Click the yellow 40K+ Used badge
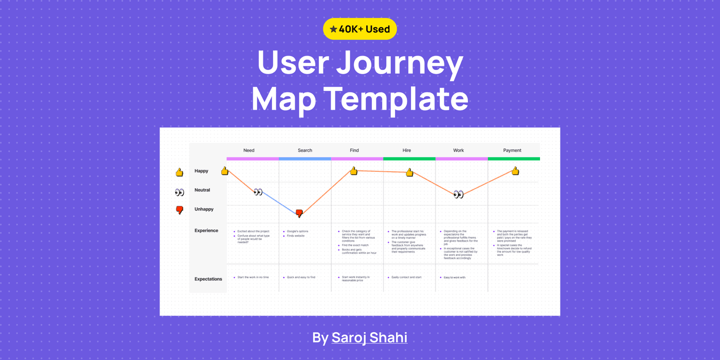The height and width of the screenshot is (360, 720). (359, 29)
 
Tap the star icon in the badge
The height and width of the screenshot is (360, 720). (334, 29)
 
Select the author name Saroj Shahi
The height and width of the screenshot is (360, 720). (369, 338)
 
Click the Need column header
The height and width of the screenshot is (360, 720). (249, 150)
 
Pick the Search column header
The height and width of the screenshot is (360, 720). (305, 150)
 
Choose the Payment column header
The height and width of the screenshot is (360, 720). (512, 150)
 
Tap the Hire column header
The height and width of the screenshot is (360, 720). (407, 150)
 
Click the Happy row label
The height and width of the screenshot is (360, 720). (202, 171)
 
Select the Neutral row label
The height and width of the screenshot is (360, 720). (202, 190)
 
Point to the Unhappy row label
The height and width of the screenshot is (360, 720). (204, 209)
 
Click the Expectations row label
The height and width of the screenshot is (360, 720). (208, 279)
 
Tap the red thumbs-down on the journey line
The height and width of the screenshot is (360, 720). (299, 213)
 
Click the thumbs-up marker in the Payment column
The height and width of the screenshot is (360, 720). (515, 171)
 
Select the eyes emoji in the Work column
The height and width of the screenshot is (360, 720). (458, 194)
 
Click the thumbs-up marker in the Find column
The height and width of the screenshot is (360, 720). (354, 171)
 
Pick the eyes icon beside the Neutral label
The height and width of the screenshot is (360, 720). (179, 192)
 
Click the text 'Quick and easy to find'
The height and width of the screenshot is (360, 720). (301, 277)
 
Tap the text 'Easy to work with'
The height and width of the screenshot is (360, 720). (454, 277)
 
